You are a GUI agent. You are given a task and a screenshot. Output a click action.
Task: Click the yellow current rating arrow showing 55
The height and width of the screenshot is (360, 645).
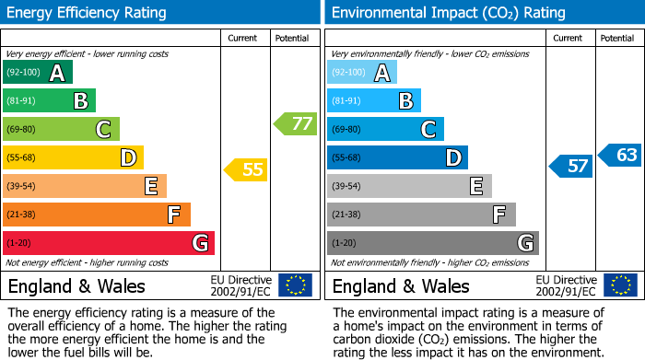pos(246,169)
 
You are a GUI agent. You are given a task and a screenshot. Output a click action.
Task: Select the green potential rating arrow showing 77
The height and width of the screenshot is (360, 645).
pos(295,123)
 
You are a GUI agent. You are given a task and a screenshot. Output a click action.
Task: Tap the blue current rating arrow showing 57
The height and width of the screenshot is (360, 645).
pos(570,166)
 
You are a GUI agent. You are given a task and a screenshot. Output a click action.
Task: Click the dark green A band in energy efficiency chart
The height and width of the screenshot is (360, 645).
pos(38,73)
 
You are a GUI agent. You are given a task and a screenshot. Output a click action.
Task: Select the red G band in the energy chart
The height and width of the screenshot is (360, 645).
pos(109,243)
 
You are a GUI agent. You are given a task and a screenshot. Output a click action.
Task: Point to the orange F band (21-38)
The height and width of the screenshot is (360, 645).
pos(97,215)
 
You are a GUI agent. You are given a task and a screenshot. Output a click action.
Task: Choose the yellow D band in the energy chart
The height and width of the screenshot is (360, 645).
pos(73,157)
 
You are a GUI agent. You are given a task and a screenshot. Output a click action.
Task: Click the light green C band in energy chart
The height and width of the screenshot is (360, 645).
pos(61,130)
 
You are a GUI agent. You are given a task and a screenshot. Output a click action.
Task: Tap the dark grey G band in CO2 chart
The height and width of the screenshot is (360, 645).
pos(432,243)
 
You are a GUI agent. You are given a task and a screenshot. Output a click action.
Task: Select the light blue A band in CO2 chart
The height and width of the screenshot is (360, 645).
pos(362,73)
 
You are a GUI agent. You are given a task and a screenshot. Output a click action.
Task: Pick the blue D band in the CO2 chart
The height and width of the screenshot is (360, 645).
pos(397,157)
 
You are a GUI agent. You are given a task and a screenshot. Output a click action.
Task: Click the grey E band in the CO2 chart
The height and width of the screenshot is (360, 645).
pos(409,186)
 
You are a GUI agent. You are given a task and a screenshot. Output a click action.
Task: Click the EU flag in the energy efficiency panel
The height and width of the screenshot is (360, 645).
pos(295,285)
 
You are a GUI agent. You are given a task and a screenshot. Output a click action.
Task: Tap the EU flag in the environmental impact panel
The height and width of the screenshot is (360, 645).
pos(619,285)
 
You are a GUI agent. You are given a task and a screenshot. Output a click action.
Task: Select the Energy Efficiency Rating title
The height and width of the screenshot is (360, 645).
pos(88,13)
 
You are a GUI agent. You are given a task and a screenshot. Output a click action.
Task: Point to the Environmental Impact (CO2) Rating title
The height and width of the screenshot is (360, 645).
pos(448,13)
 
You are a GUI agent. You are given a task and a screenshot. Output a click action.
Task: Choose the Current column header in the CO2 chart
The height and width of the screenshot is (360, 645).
pos(569,38)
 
